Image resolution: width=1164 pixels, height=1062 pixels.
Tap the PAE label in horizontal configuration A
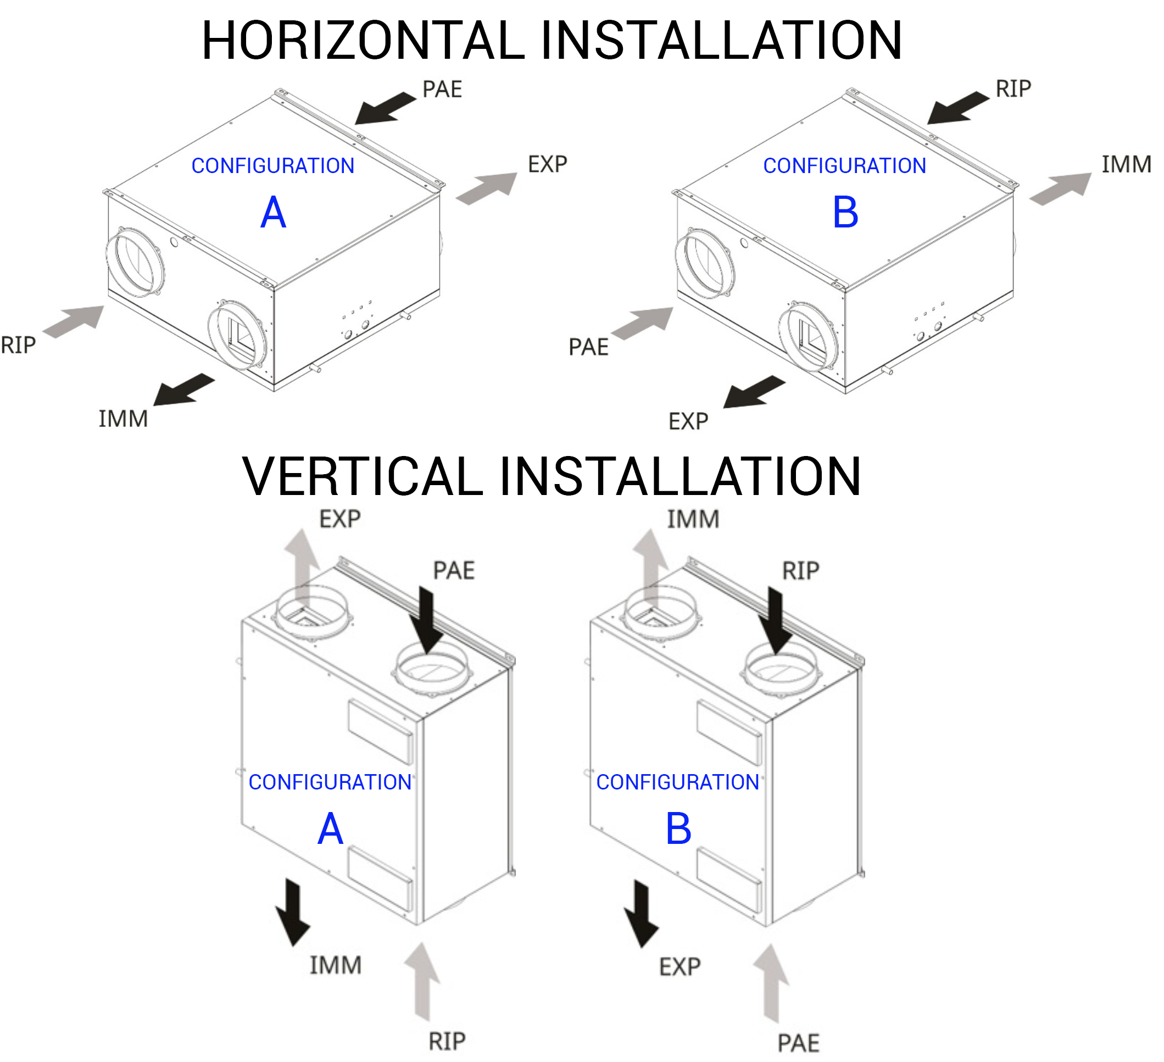(442, 90)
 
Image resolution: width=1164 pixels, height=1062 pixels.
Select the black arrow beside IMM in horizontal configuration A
(183, 390)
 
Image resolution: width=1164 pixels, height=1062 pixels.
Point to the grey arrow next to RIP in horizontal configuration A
(74, 320)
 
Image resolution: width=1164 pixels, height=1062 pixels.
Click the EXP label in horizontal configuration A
(547, 165)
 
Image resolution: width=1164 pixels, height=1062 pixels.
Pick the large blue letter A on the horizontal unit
(273, 213)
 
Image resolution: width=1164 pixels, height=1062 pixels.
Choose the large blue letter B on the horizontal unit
(845, 213)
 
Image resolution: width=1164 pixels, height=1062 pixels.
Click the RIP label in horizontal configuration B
(1013, 89)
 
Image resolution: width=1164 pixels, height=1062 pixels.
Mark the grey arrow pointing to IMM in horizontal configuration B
(1061, 189)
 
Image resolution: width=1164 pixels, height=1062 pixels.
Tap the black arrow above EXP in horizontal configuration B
(754, 392)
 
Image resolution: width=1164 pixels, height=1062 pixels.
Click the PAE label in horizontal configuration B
(588, 347)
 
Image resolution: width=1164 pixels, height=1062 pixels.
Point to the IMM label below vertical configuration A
(336, 965)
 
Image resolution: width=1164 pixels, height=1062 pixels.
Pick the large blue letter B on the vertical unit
(678, 829)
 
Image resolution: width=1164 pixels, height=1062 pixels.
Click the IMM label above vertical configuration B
(693, 519)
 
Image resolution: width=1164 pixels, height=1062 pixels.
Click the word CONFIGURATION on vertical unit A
(330, 782)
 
